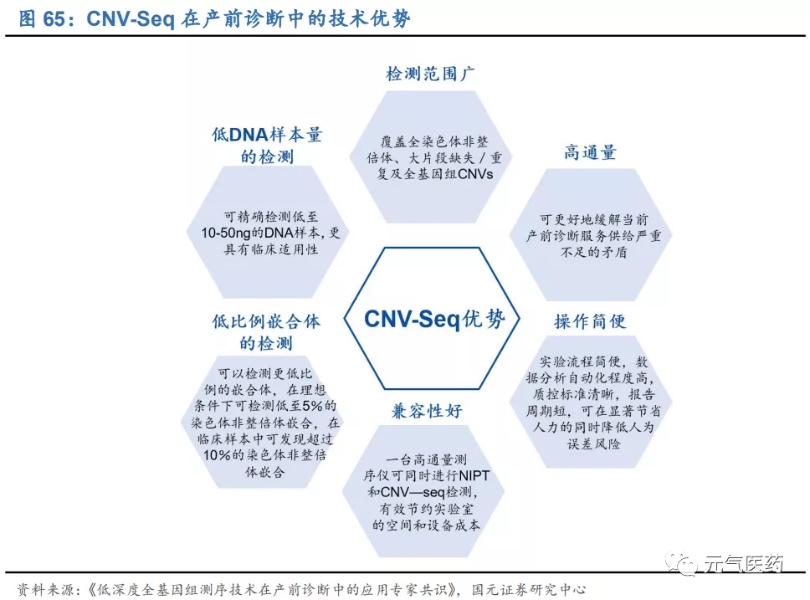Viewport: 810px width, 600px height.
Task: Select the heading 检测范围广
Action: (x=431, y=74)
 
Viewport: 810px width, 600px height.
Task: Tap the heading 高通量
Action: (x=589, y=152)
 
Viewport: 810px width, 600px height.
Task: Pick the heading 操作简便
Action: (x=589, y=321)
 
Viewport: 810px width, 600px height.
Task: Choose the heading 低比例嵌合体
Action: (x=266, y=321)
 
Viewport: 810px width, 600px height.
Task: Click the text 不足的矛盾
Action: (x=589, y=252)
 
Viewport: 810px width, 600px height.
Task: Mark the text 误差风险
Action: (x=589, y=444)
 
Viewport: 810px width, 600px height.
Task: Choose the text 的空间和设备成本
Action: (x=427, y=526)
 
